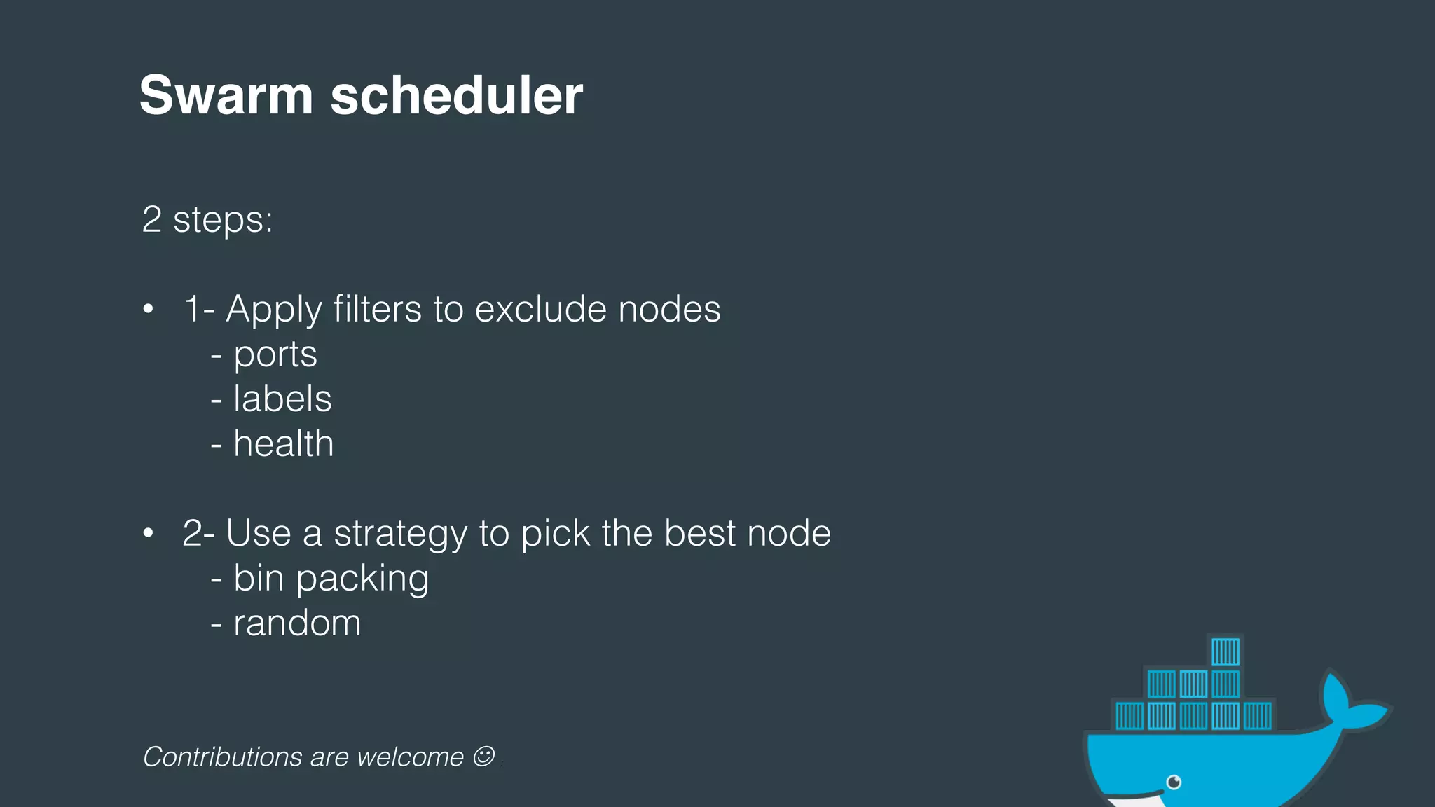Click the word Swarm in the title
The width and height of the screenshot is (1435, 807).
coord(226,95)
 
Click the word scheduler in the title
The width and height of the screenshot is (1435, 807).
coord(456,95)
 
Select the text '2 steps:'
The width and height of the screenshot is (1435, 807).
coord(207,220)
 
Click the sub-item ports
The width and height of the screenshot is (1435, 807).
coord(275,354)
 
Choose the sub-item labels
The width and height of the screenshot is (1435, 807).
coord(282,399)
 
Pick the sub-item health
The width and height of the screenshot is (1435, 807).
coord(283,444)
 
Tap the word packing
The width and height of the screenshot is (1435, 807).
coord(362,579)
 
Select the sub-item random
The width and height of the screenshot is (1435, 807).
coord(297,623)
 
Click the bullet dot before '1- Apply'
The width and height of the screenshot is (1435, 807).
coord(148,309)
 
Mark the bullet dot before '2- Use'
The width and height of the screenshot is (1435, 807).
coord(148,533)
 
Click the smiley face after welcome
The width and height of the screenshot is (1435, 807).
coord(483,756)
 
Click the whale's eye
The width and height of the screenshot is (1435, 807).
coord(1174,782)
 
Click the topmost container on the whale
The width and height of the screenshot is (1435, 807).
coord(1225,651)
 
